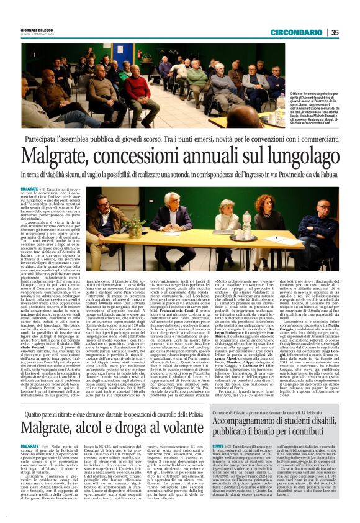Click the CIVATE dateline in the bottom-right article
pos(219,446)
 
